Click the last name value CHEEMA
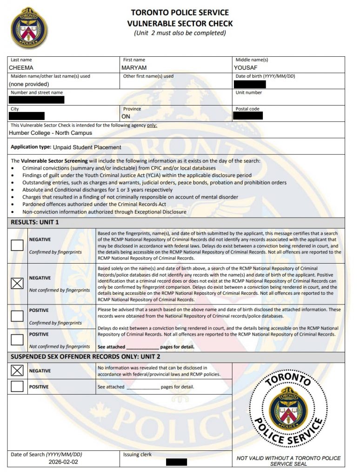coord(21,68)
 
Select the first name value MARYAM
coord(134,68)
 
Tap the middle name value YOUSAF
coord(246,68)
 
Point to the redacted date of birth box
coord(250,84)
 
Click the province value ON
coord(126,117)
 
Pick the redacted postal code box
coord(248,115)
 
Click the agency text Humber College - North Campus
coord(50,133)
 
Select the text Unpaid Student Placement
coord(87,147)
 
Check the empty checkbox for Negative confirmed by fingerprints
coord(17,245)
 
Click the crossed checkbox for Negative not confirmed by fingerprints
coord(17,283)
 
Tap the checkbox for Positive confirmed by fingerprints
coord(17,316)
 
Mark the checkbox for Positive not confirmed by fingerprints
coord(17,340)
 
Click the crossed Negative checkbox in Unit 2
coord(17,370)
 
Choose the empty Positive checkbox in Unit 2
coord(17,386)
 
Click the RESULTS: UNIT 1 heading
coord(35,223)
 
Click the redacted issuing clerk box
coord(176,462)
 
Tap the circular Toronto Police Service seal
coord(287,409)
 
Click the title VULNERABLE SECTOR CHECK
coord(180,23)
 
